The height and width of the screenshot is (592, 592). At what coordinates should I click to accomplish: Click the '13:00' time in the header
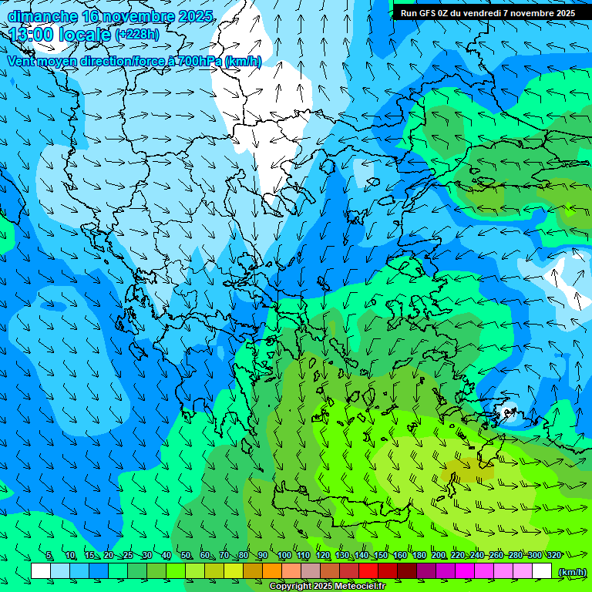pos(32,35)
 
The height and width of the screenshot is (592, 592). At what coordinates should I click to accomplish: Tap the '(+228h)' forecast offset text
pos(137,34)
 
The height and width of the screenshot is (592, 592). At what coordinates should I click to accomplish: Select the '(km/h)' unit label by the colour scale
pos(572,571)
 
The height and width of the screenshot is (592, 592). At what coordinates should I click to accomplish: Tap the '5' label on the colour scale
pos(49,556)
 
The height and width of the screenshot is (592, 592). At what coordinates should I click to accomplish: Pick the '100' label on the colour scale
pos(284,556)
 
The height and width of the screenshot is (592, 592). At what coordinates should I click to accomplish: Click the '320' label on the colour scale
pos(553,556)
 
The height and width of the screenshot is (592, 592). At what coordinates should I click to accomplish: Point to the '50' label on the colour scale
pos(186,556)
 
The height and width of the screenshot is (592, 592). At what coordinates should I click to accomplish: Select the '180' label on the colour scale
pos(419,556)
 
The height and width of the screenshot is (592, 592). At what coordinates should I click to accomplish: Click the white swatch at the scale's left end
pos(41,571)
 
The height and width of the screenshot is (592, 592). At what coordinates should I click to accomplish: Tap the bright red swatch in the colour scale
pos(368,571)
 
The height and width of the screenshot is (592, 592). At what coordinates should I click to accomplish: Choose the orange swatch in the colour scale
pos(272,571)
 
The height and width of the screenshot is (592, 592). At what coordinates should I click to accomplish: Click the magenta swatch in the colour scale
pos(465,571)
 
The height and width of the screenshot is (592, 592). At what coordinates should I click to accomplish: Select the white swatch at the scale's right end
pos(542,571)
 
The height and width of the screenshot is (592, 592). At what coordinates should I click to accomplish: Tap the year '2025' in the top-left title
pos(197,16)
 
